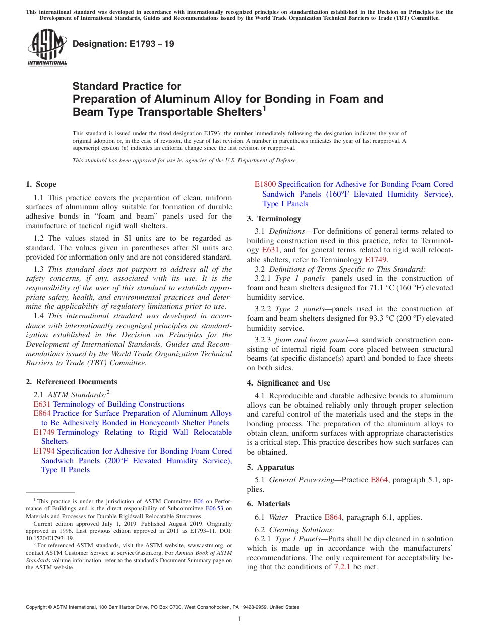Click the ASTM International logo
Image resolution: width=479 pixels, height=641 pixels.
click(47, 48)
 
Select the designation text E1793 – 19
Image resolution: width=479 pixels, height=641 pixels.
click(124, 44)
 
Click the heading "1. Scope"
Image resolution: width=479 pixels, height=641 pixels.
click(41, 184)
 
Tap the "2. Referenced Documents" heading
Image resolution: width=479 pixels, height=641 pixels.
click(71, 382)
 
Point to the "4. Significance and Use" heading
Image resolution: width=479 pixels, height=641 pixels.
click(288, 383)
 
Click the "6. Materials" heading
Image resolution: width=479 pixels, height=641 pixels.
click(269, 504)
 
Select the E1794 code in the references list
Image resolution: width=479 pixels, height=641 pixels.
click(44, 451)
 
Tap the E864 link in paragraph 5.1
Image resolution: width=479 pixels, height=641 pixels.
click(379, 480)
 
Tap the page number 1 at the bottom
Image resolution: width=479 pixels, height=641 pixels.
click(239, 619)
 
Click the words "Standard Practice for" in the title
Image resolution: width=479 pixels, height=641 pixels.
click(127, 86)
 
